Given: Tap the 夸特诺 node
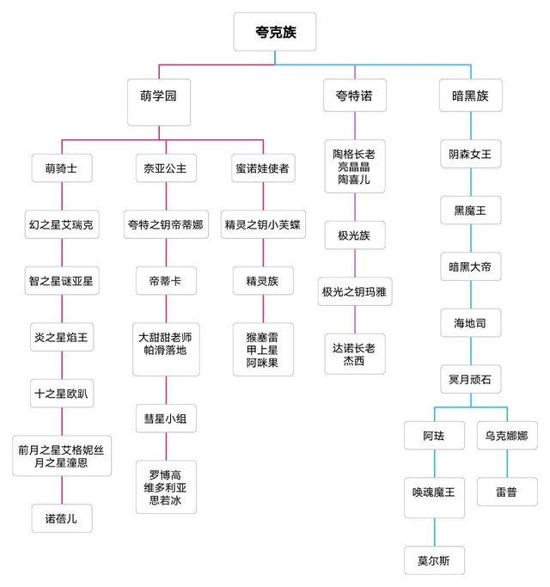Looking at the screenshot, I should pos(354,96).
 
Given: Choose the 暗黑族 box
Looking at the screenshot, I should pos(470,96).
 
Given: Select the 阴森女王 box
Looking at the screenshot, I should pos(470,155).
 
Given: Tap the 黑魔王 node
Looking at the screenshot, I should pos(470,211).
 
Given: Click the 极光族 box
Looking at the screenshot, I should pos(354,235).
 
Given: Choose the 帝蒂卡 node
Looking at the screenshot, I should pos(165,281).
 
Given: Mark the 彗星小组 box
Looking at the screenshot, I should pos(165,419).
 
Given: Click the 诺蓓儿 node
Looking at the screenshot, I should pos(61,518).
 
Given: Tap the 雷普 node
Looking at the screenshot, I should pos(505,492).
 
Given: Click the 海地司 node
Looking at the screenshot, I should pos(470,324).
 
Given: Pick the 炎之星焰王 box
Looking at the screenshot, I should pos(61,337).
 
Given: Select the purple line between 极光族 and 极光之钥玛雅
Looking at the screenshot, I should pos(354,263).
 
